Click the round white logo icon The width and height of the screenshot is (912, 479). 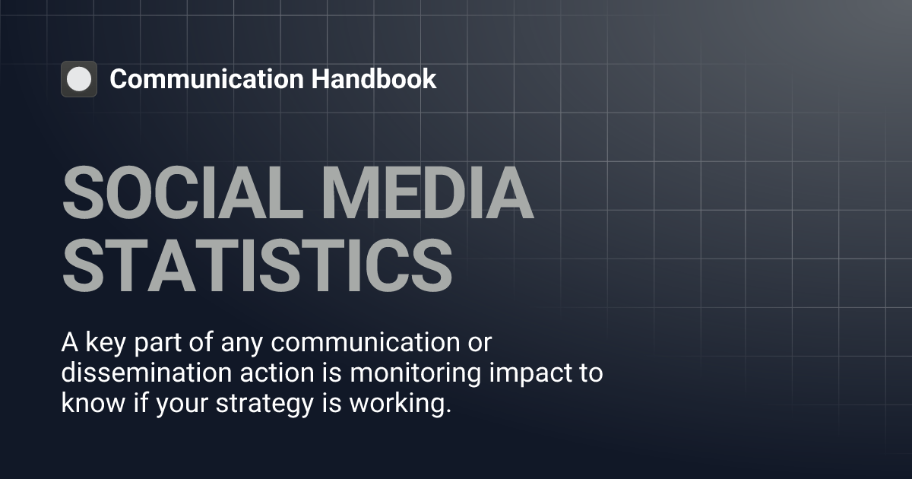tap(79, 79)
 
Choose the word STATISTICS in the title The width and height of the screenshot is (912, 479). tap(257, 266)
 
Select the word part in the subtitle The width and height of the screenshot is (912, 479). tap(155, 344)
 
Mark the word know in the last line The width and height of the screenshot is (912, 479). tap(87, 404)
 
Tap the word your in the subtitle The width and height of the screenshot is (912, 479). tap(184, 404)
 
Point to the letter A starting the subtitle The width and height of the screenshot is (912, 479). tap(68, 344)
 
